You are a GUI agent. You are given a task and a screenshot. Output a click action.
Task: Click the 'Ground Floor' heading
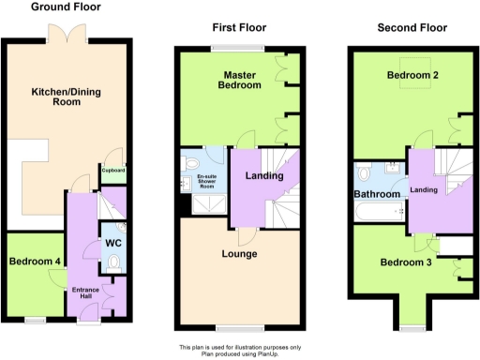point(67,7)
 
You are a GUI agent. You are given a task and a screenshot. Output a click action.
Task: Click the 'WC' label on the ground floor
point(113,244)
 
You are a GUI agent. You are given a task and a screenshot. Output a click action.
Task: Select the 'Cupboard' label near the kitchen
point(113,171)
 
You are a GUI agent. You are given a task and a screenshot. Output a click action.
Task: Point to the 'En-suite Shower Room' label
point(207,181)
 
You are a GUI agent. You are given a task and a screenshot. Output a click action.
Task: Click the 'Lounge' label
point(239,254)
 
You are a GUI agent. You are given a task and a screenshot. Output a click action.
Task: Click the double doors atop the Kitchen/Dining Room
point(67,33)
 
